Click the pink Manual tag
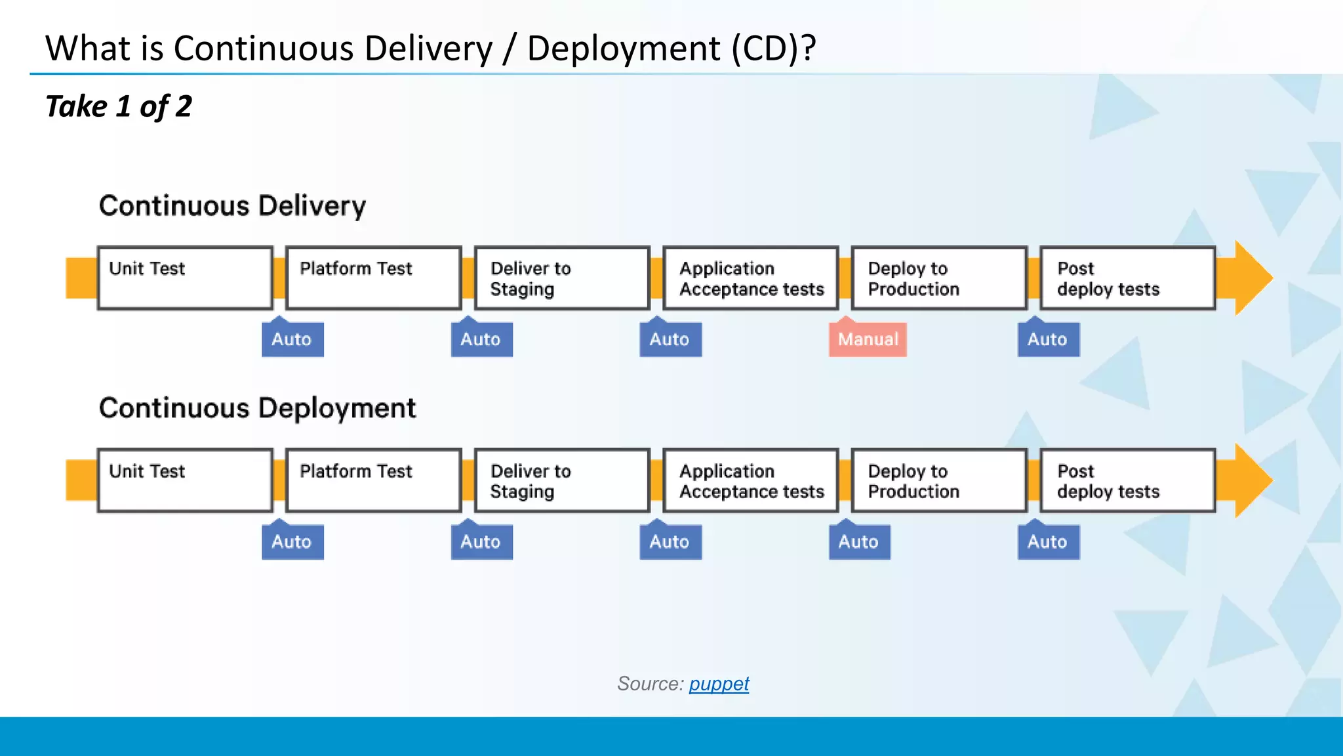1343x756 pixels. [868, 339]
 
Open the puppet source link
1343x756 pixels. [719, 684]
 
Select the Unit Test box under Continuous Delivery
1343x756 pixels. [185, 278]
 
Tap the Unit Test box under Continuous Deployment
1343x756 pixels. [185, 480]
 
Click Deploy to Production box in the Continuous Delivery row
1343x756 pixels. [939, 278]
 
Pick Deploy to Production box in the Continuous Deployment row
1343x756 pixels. [939, 480]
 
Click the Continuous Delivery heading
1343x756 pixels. [232, 206]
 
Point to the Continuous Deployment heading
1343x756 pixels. [257, 408]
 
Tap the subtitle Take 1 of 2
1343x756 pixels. [119, 106]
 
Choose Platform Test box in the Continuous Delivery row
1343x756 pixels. [374, 278]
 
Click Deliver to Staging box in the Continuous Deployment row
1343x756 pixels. [562, 480]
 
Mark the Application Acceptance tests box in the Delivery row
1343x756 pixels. [751, 278]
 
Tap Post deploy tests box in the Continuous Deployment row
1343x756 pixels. [1128, 480]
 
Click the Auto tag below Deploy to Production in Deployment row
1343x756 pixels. [859, 542]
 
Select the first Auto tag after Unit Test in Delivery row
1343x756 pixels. [292, 339]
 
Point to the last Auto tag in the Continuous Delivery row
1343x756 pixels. [1048, 339]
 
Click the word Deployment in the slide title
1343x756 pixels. [624, 49]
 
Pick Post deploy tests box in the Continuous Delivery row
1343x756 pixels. [1128, 278]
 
